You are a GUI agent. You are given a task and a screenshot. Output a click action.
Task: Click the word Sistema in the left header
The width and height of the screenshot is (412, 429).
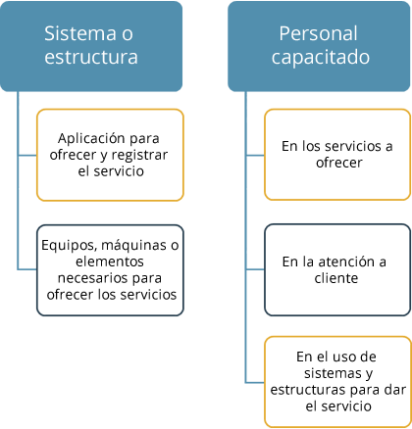point(79,33)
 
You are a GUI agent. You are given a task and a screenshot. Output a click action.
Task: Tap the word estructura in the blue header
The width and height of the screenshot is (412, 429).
point(91,57)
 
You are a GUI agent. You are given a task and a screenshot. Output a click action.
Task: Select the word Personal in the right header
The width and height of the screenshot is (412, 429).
point(318,33)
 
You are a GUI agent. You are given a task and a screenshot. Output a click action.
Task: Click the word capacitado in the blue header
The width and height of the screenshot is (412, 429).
point(321,58)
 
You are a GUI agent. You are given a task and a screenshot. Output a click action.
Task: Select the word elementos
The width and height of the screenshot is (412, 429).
point(110,262)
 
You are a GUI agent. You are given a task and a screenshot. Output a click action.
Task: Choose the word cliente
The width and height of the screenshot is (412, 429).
point(336,278)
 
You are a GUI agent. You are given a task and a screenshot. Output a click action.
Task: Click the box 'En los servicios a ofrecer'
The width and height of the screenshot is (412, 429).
point(337,155)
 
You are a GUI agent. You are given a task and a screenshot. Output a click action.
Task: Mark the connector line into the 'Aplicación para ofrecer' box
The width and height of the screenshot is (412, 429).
point(27,156)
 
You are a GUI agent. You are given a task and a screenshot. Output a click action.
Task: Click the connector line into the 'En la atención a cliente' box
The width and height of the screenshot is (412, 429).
point(255,269)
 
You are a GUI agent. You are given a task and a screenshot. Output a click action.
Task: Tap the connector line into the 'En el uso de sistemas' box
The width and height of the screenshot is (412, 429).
point(255,382)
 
